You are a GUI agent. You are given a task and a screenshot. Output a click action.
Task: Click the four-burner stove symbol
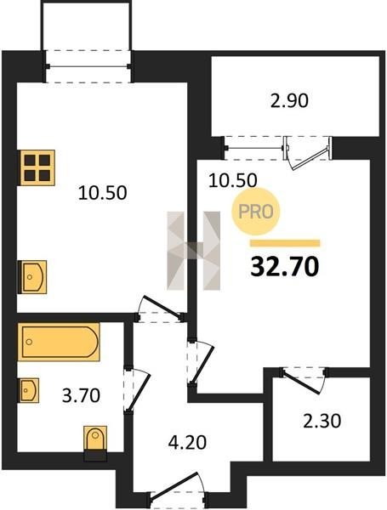point(37,167)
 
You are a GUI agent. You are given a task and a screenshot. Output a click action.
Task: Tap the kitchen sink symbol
point(33,277)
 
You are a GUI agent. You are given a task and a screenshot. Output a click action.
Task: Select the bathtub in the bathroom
point(59,343)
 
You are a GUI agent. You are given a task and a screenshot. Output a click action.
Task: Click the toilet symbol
point(95,439)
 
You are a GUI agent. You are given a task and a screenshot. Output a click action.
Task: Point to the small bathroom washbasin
point(29,390)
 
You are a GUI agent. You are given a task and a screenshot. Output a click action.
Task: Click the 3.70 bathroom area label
point(81,396)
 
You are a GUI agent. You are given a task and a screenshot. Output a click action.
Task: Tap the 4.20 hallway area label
point(187,443)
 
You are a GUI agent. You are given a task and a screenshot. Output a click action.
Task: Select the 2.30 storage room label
point(322,422)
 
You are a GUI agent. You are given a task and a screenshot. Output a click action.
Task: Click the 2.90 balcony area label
point(289,100)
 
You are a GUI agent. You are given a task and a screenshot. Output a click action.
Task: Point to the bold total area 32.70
point(285,267)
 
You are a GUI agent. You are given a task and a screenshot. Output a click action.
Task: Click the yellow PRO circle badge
point(255,212)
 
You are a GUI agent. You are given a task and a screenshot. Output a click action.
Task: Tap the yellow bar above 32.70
point(285,243)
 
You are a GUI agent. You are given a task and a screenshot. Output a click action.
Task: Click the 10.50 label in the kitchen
point(103,193)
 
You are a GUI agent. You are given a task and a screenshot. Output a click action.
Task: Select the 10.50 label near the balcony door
point(233,180)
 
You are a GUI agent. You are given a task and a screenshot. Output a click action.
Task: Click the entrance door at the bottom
point(174,484)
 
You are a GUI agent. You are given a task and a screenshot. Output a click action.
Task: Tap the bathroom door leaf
point(139,393)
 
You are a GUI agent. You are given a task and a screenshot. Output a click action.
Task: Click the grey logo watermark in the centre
point(194,251)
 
